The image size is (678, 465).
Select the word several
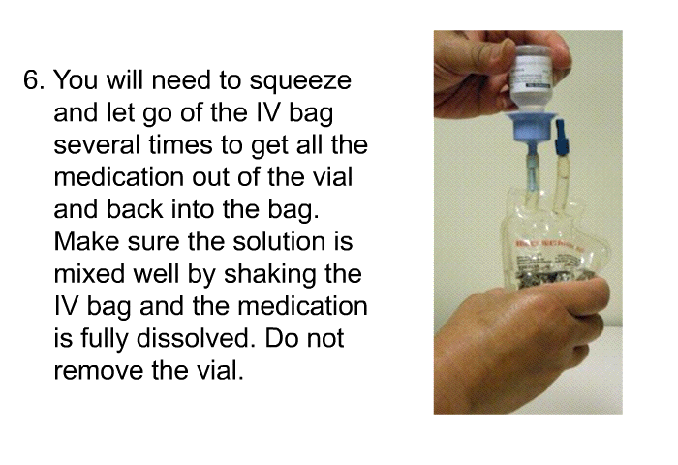coord(97,144)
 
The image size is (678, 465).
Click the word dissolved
coord(194,338)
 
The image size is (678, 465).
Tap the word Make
coord(86,241)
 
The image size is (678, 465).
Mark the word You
coord(76,80)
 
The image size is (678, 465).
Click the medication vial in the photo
coord(531,77)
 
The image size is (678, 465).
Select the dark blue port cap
coord(561,137)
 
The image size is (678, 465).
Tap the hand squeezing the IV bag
coord(519,346)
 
